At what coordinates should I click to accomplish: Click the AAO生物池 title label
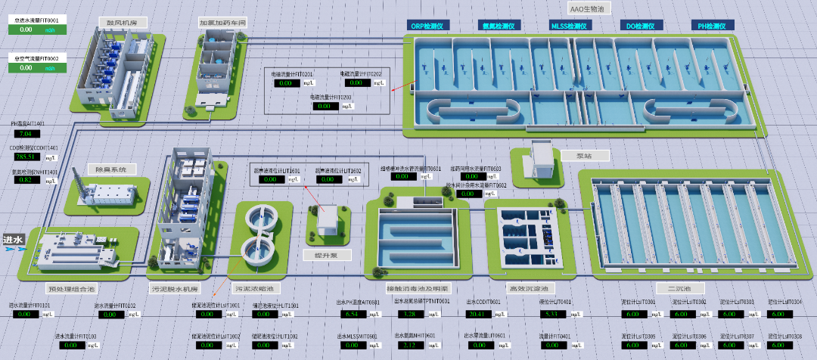coord(589,8)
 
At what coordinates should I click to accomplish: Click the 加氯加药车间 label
coord(222,23)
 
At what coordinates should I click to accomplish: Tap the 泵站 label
coord(583,155)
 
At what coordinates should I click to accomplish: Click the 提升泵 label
coord(328,256)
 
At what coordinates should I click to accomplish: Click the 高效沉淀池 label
coord(527,288)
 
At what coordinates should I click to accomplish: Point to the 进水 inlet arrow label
coord(14,241)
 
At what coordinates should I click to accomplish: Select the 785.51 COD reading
coord(26,157)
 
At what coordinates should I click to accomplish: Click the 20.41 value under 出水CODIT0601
coord(477,314)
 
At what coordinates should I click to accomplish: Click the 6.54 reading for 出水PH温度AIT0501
coord(351,314)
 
